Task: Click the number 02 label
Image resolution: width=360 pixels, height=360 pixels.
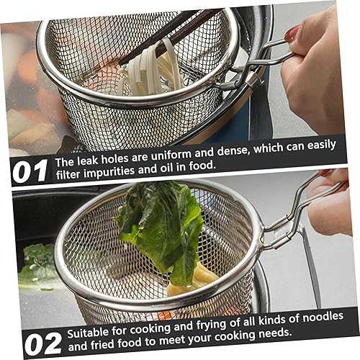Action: click(x=42, y=343)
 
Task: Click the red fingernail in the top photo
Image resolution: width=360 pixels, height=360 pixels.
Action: click(x=292, y=32)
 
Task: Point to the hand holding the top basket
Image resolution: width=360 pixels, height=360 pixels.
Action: click(x=317, y=72)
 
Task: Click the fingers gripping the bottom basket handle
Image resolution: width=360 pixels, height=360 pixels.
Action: click(x=333, y=209)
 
